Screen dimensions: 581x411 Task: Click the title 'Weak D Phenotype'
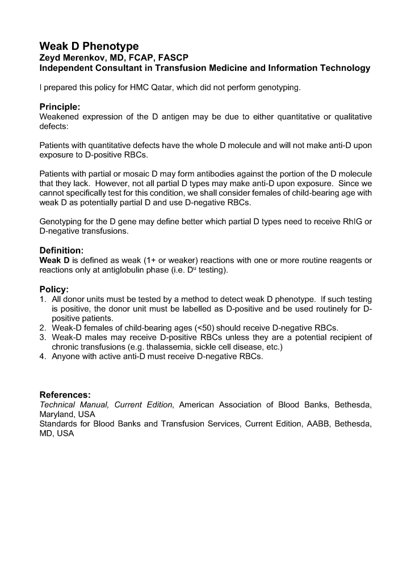tap(89, 46)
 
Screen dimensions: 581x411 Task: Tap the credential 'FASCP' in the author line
tap(173, 58)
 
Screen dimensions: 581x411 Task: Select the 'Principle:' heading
tap(60, 107)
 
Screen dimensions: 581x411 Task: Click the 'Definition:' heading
tap(61, 250)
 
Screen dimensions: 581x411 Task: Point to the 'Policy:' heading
tap(54, 289)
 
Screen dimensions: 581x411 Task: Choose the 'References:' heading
tap(65, 395)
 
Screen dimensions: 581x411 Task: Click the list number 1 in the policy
tap(42, 299)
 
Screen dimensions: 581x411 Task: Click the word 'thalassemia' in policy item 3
tap(137, 347)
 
